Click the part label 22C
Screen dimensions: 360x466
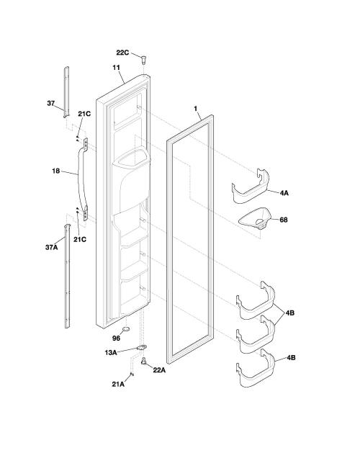pos(122,53)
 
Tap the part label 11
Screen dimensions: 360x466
pos(116,68)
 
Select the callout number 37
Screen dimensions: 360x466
pos(51,104)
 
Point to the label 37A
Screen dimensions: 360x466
pos(51,247)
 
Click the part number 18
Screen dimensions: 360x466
pos(56,171)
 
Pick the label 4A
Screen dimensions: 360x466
pos(284,193)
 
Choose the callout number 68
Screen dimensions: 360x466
pos(284,220)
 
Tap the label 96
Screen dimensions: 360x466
pos(117,339)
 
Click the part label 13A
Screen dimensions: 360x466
pos(110,353)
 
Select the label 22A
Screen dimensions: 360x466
pos(159,370)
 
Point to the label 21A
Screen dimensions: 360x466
pos(118,385)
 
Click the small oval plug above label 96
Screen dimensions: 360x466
pos(126,328)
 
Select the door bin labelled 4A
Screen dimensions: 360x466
pos(251,187)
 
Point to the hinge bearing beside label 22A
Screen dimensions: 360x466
pos(144,362)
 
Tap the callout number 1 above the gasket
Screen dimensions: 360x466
pos(195,109)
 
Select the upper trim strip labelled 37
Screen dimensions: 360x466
pos(66,92)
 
